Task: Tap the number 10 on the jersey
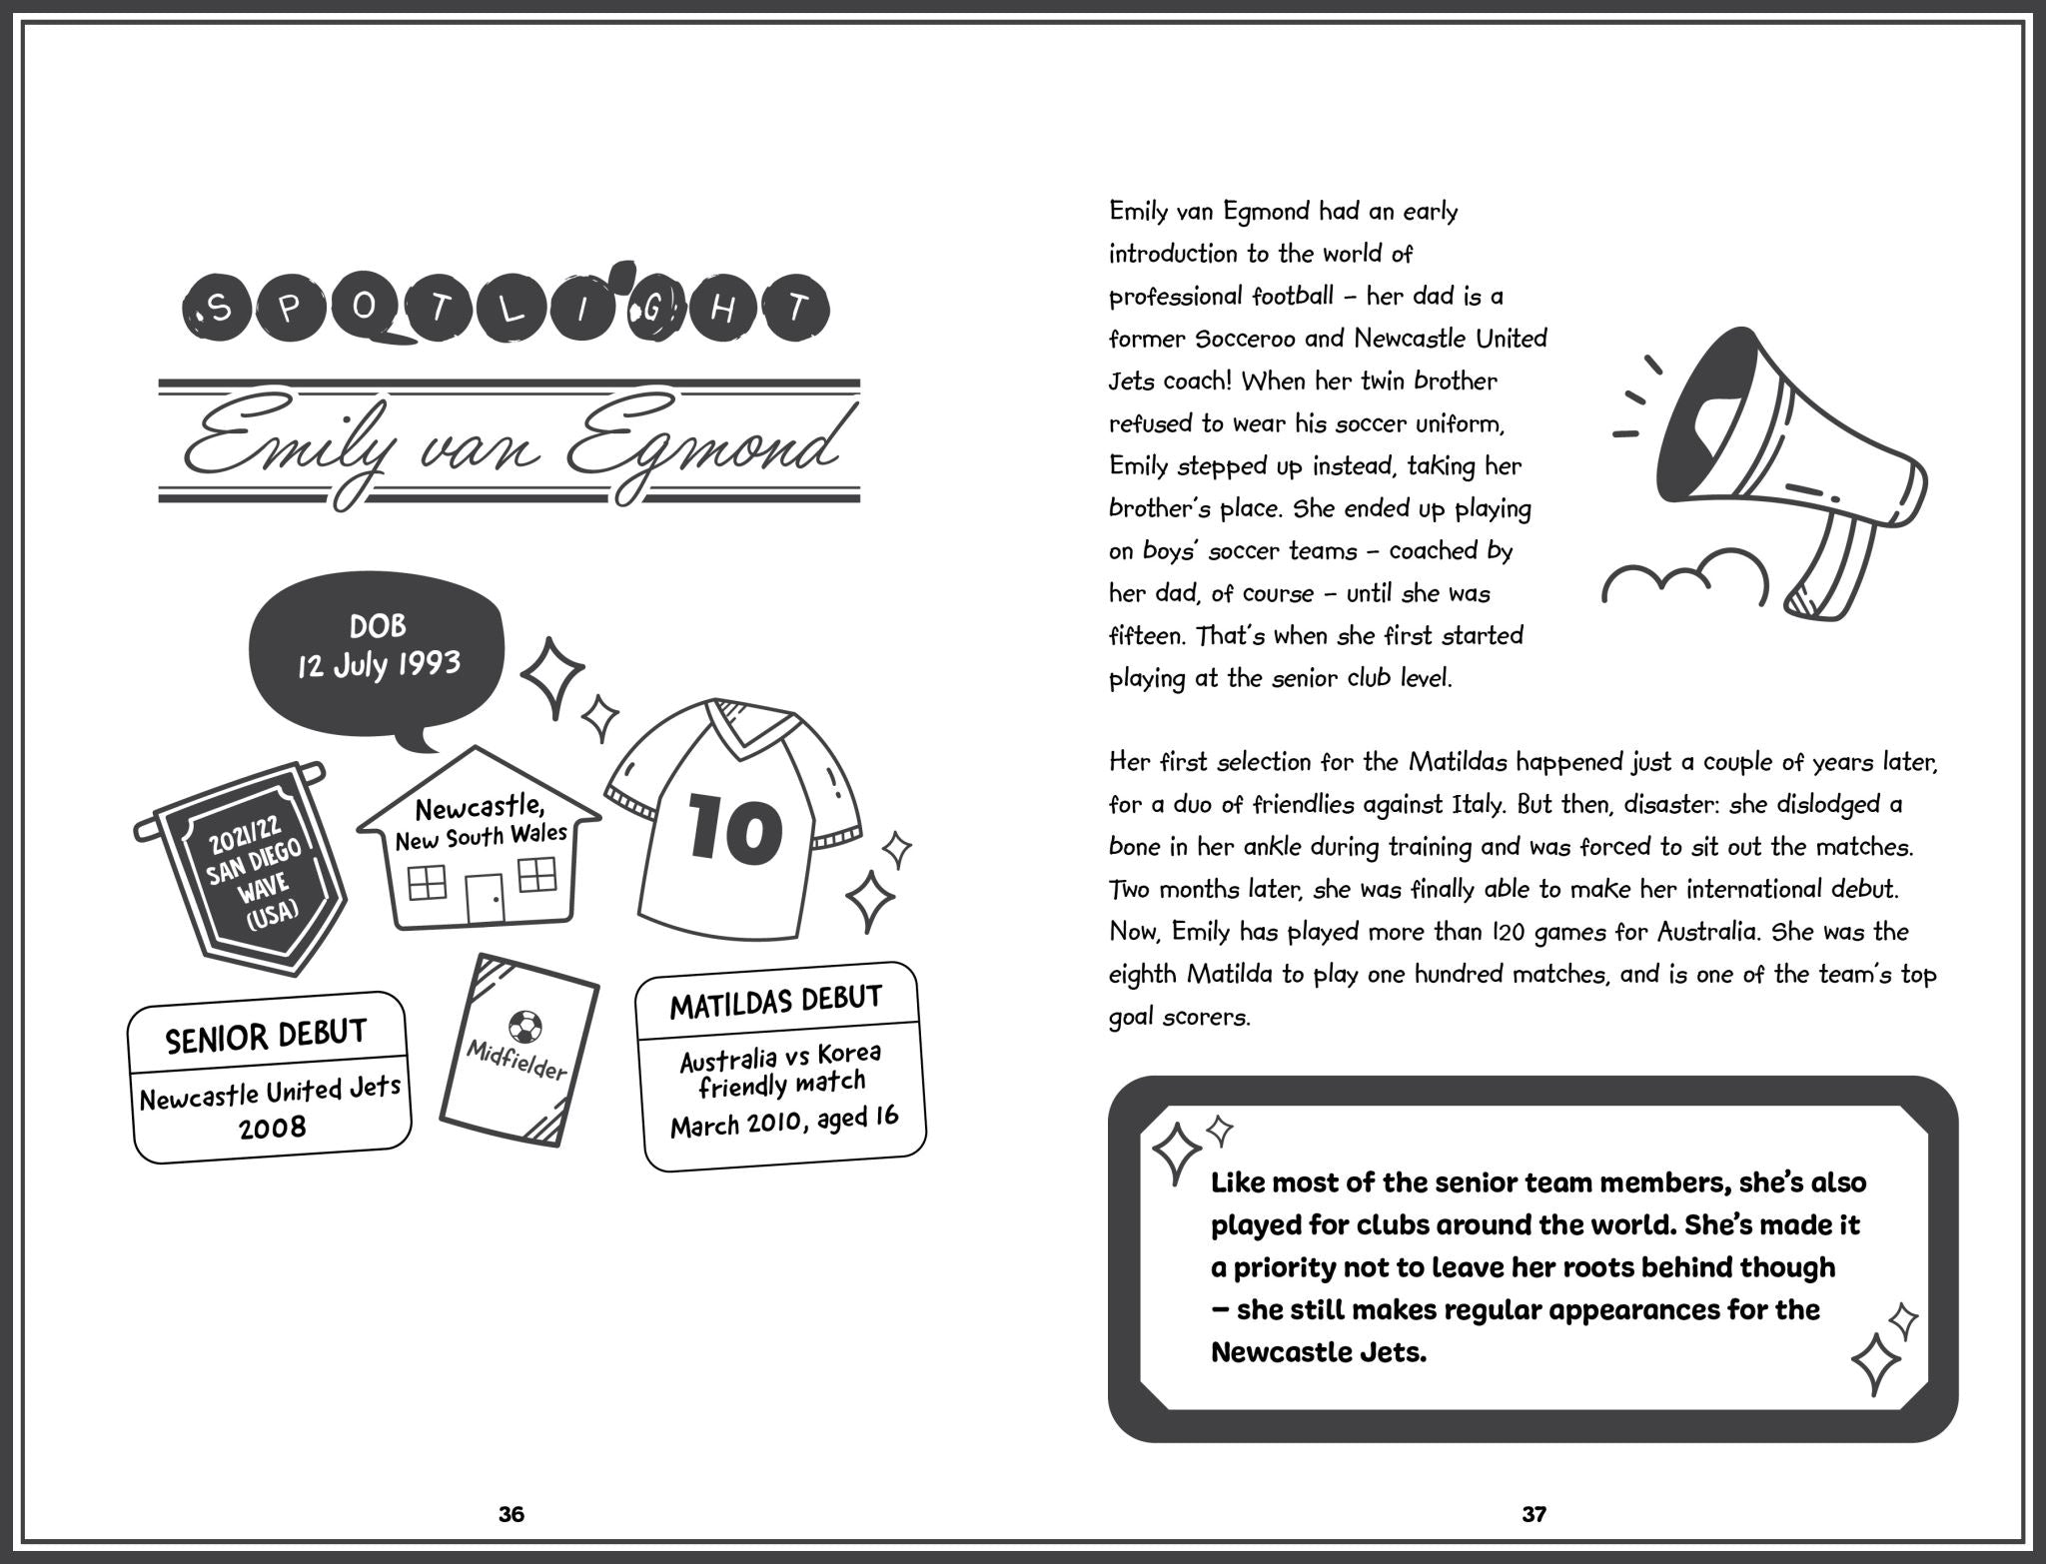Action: pos(734,828)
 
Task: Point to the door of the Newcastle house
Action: pos(486,898)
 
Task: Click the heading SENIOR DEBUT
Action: pos(266,1037)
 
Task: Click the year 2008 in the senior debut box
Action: pos(272,1129)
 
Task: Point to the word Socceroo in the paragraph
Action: pos(1245,339)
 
